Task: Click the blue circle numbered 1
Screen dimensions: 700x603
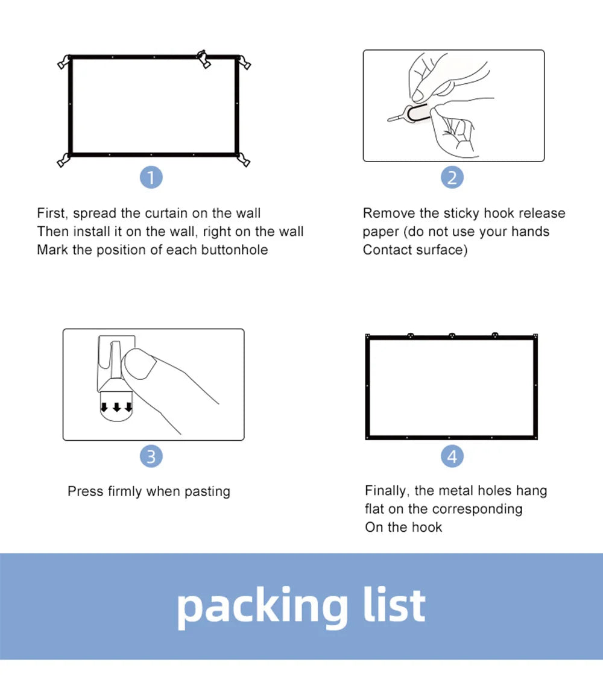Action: [151, 177]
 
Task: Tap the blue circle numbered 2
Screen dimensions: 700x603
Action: [452, 177]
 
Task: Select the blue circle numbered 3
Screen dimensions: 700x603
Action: [151, 456]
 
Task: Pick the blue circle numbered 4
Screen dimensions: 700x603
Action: [452, 456]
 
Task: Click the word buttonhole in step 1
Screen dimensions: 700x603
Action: [232, 250]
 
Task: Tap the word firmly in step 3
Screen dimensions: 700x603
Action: [125, 491]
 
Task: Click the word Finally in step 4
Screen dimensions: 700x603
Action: [387, 491]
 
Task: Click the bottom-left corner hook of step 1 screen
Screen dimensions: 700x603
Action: [63, 160]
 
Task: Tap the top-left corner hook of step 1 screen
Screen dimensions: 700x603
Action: [63, 61]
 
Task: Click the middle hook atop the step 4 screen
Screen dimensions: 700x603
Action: [452, 335]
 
